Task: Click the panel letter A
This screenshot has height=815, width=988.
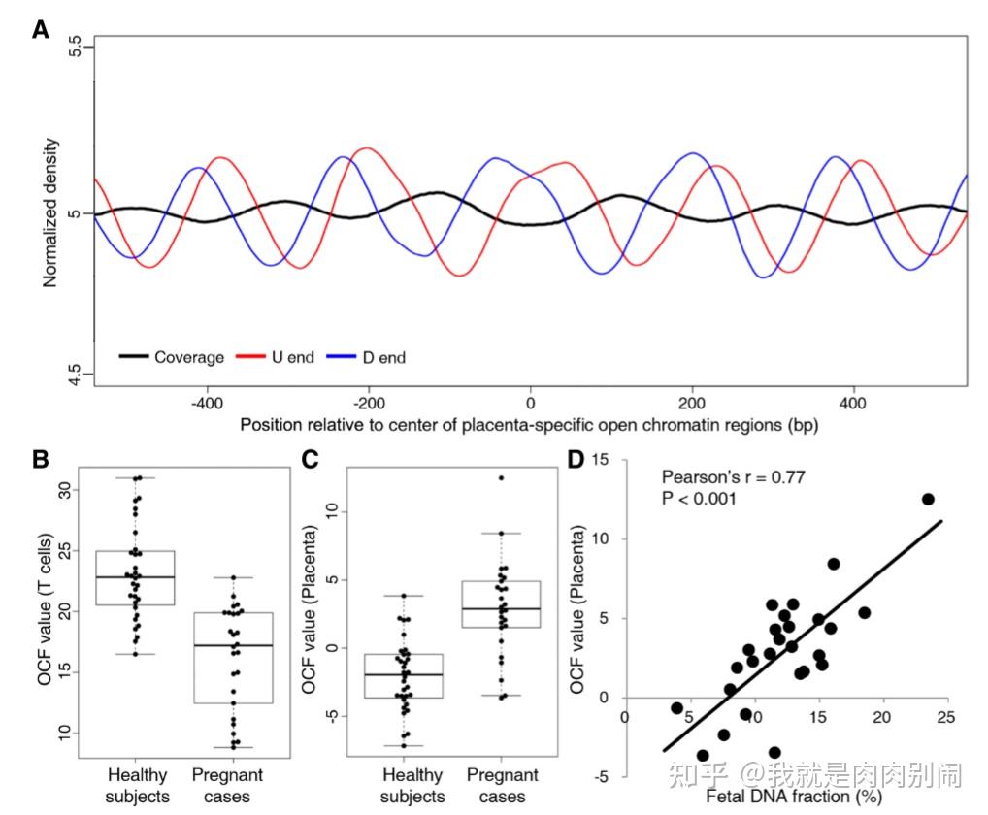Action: pos(41,29)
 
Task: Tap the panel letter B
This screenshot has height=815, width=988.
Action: pos(41,459)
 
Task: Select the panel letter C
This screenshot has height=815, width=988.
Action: pos(313,459)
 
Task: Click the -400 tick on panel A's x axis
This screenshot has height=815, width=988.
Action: pos(205,400)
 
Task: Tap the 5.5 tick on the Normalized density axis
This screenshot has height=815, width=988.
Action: pos(77,49)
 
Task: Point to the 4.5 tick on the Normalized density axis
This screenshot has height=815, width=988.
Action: pos(77,375)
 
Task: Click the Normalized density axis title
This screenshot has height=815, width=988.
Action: pos(50,213)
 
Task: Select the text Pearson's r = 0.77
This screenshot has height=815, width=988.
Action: pos(733,477)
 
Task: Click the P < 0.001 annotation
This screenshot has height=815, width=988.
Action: pos(698,499)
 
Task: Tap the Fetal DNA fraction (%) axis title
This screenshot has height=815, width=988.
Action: pos(786,797)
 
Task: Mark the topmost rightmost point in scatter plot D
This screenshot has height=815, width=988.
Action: pos(928,499)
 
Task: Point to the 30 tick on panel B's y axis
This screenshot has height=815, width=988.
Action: pos(66,490)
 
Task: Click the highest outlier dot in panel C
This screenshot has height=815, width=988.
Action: pos(501,477)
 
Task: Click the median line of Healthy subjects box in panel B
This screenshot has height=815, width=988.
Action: pos(135,576)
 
